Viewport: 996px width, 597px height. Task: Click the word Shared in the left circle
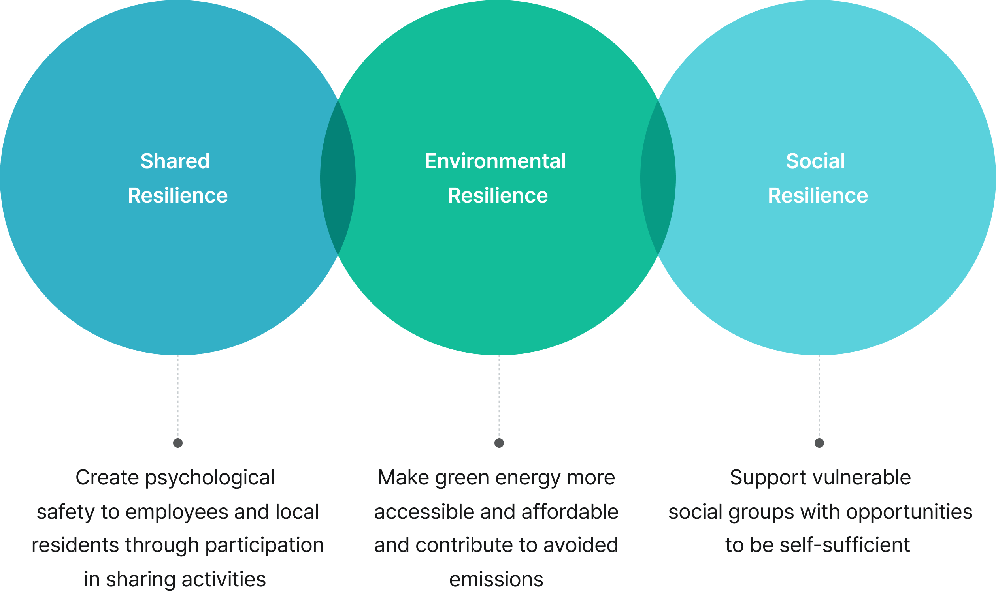point(175,161)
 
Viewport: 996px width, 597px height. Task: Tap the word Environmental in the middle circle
point(495,161)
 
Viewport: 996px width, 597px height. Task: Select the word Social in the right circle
point(815,161)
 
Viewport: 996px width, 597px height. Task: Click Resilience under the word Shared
point(177,196)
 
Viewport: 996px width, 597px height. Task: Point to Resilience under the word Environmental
point(498,196)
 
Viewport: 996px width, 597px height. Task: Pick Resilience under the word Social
point(818,196)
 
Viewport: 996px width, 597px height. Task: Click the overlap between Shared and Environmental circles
point(338,177)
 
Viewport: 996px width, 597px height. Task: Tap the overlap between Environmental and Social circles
point(658,177)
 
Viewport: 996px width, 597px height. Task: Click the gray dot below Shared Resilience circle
point(178,443)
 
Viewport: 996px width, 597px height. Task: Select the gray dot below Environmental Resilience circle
point(499,443)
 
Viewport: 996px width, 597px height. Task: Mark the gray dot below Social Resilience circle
point(819,443)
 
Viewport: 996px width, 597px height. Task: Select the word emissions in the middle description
point(496,580)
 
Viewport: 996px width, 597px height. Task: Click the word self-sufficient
point(845,545)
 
